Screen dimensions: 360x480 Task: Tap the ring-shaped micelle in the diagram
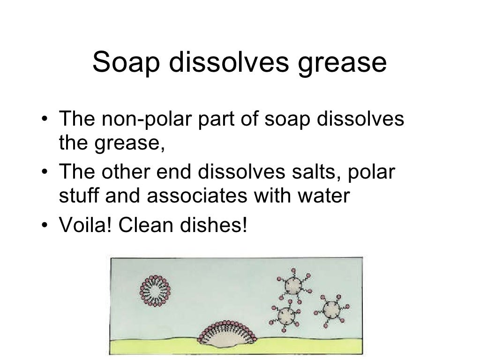[154, 291]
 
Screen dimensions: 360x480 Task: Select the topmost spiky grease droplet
[294, 285]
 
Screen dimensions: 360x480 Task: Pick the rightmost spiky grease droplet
[332, 309]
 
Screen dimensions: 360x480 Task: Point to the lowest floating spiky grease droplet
[285, 316]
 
